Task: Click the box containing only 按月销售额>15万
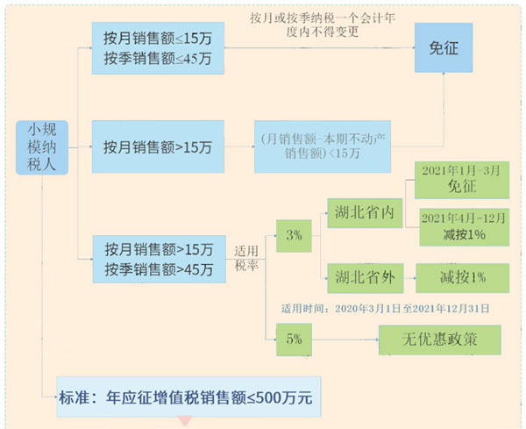click(158, 146)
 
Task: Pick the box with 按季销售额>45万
click(158, 259)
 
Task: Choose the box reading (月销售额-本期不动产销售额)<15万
click(322, 146)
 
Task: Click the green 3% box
click(293, 234)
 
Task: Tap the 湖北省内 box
click(361, 212)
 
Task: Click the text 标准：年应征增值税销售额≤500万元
click(184, 397)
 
